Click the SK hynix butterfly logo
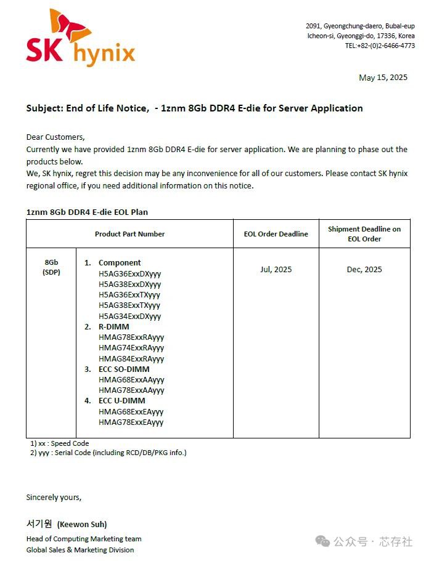point(80,38)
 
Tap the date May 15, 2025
point(383,78)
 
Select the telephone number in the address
point(380,46)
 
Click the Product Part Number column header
point(129,234)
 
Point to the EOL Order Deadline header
point(276,234)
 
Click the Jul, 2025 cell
point(276,269)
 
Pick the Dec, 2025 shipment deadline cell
point(364,269)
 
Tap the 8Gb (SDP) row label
point(51,267)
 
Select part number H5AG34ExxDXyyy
point(129,317)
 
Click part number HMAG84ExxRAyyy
point(131,358)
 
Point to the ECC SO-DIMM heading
point(123,369)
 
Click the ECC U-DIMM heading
point(122,401)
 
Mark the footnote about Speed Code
point(59,443)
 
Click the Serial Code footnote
point(108,453)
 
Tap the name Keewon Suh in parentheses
point(82,525)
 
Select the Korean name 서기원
point(39,523)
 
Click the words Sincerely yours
point(54,497)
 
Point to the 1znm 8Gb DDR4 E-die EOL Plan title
point(87,212)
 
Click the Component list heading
point(120,263)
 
